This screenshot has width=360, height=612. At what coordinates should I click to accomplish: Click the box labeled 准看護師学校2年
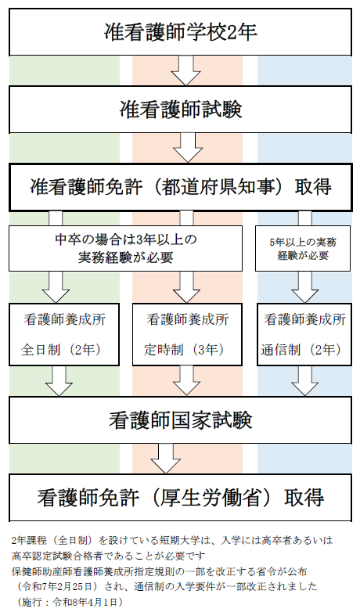click(180, 32)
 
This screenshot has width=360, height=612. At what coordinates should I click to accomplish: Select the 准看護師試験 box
click(180, 110)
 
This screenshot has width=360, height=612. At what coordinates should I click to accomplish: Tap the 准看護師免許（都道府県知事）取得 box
click(180, 187)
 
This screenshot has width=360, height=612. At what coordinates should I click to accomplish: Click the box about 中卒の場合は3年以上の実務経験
click(125, 248)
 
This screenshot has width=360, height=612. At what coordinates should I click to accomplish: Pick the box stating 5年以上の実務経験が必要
click(303, 248)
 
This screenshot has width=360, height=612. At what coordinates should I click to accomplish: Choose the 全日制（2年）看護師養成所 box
click(64, 334)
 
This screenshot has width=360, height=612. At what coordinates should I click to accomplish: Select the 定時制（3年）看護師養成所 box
click(187, 334)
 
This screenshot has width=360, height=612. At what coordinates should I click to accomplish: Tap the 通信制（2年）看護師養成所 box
click(304, 334)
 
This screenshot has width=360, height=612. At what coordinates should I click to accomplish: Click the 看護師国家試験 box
click(180, 420)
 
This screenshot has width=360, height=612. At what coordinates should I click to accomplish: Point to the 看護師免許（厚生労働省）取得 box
click(180, 498)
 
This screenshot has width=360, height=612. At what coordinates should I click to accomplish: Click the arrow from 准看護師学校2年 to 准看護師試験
click(185, 70)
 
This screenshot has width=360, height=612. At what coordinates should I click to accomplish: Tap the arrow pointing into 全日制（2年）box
click(56, 287)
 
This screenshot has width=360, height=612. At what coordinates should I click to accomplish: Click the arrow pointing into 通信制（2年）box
click(305, 287)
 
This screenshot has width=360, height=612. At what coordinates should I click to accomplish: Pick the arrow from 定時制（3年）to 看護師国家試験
click(187, 381)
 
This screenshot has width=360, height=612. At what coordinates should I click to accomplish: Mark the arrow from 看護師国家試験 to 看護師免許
click(165, 459)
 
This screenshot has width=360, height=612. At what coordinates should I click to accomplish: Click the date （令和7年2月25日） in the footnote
click(56, 586)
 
